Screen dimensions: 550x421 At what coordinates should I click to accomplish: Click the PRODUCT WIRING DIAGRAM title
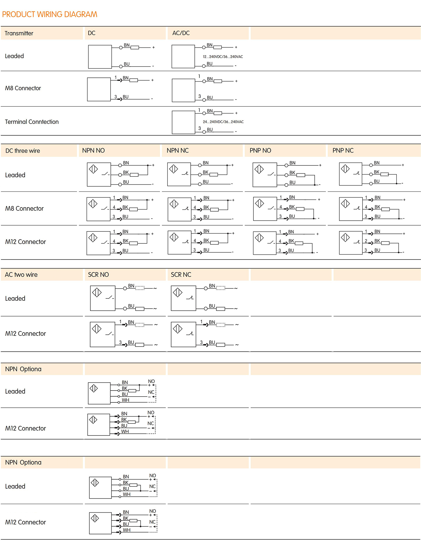click(x=50, y=14)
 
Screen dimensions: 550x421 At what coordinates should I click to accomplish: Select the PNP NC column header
click(x=343, y=151)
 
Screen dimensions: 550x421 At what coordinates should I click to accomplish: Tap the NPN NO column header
click(x=93, y=151)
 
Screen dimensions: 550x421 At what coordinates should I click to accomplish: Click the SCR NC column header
click(x=181, y=275)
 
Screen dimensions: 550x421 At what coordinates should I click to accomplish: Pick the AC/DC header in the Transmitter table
click(x=181, y=33)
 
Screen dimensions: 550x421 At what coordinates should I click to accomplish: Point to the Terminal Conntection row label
click(x=32, y=122)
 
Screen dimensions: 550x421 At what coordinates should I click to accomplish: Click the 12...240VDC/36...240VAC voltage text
click(x=223, y=57)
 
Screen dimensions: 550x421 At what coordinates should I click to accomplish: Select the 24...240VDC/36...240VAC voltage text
click(x=223, y=122)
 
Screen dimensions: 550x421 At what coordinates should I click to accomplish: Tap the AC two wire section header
click(x=21, y=275)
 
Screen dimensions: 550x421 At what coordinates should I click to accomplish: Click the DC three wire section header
click(x=23, y=151)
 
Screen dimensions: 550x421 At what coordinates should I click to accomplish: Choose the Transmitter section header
click(x=19, y=33)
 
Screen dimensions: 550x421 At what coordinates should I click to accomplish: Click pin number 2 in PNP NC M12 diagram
click(x=366, y=241)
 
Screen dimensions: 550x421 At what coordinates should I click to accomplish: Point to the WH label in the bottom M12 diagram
click(x=127, y=530)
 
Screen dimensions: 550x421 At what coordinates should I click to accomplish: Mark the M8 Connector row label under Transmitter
click(x=23, y=88)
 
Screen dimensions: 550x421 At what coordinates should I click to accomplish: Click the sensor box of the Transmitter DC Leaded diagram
click(x=100, y=57)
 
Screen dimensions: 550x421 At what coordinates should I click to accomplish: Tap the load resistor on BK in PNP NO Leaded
click(x=301, y=175)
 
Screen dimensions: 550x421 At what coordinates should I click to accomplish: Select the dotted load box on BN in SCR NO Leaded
click(x=140, y=288)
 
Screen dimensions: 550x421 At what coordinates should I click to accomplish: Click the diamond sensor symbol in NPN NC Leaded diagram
click(x=173, y=169)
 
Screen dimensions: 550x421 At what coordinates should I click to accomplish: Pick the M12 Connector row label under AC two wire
click(x=26, y=334)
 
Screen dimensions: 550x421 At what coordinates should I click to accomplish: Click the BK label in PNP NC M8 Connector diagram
click(x=377, y=207)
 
